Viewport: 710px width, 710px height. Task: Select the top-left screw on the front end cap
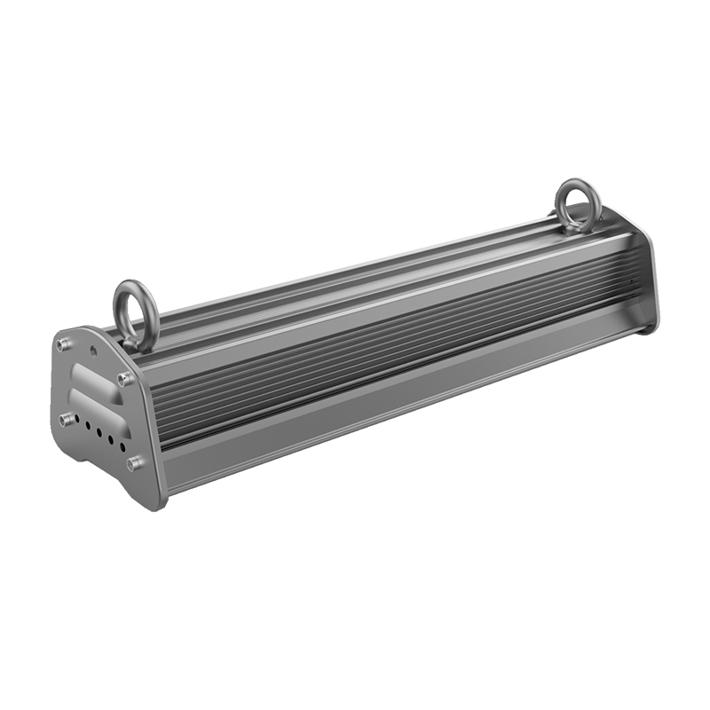pos(62,344)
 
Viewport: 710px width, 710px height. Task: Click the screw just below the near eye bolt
pos(124,379)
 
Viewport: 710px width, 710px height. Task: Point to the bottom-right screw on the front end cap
pos(135,462)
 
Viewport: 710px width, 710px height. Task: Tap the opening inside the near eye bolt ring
pos(136,306)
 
